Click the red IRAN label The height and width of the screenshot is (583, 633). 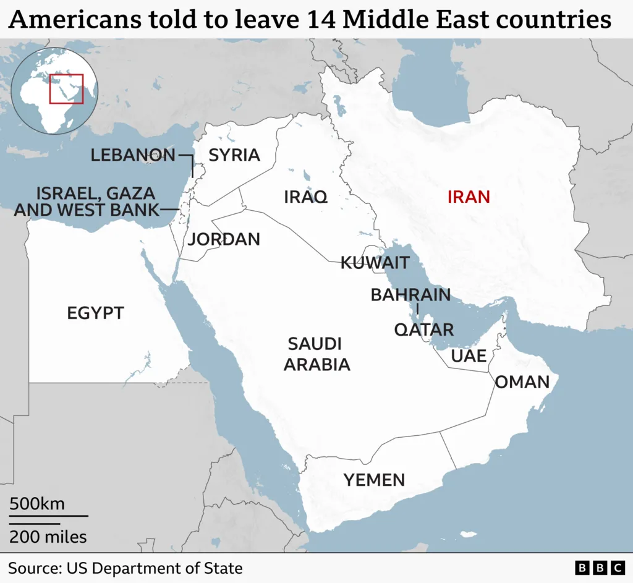click(469, 197)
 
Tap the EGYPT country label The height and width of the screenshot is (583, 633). click(96, 313)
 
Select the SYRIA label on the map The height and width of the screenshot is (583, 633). click(234, 155)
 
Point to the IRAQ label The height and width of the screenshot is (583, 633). click(305, 197)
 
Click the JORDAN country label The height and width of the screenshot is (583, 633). click(224, 239)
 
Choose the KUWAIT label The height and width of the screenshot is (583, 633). click(375, 263)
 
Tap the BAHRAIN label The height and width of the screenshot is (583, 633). click(410, 295)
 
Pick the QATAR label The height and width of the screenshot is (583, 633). click(424, 330)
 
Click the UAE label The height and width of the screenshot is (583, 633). click(469, 355)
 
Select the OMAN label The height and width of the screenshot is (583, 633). click(522, 382)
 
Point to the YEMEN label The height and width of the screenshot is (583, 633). click(375, 479)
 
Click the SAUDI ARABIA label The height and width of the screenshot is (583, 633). click(317, 354)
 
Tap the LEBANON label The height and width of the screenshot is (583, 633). click(133, 155)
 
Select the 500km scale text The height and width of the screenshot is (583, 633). click(37, 504)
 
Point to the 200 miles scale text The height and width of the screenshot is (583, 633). click(48, 536)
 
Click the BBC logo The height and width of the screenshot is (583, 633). click(600, 568)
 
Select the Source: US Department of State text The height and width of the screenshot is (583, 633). click(125, 568)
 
